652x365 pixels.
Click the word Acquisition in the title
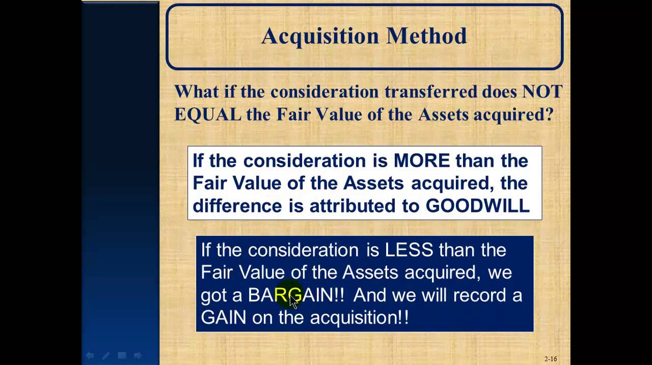[320, 36]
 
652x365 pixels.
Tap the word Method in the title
[426, 36]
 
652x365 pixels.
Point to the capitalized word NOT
[542, 92]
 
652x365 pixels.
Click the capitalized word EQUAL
[207, 114]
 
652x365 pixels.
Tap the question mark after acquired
[549, 114]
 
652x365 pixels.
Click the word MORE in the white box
[422, 161]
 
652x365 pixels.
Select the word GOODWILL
[477, 205]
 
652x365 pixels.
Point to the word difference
[237, 205]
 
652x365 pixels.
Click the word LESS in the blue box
[409, 250]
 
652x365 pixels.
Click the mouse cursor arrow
[293, 302]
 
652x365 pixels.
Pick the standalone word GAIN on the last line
[224, 318]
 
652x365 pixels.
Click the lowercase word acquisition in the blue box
[355, 318]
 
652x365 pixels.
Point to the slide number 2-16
[551, 359]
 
